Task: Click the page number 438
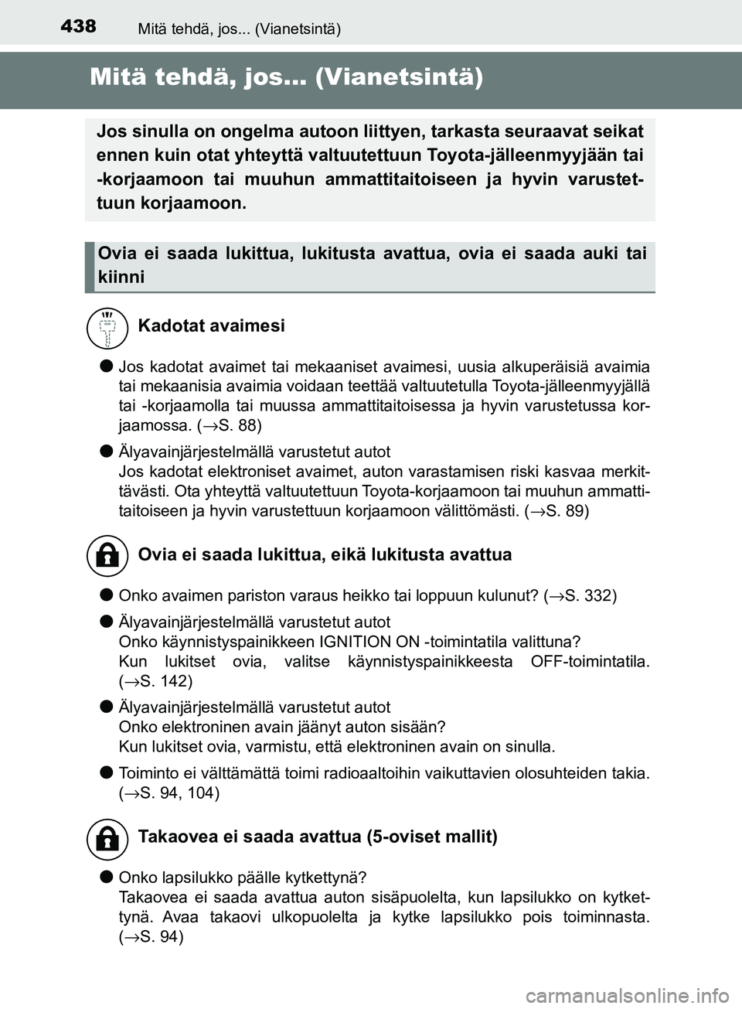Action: pos(78,26)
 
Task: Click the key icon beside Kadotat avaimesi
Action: pos(107,326)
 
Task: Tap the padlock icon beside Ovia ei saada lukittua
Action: pos(107,555)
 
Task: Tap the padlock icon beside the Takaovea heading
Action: pos(107,838)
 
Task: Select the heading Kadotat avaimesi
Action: pos(211,326)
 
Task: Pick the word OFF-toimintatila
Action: pos(590,662)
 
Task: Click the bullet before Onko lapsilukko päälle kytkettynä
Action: pos(104,877)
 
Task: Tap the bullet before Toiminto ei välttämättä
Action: pos(104,772)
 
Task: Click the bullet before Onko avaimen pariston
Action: pos(104,595)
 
